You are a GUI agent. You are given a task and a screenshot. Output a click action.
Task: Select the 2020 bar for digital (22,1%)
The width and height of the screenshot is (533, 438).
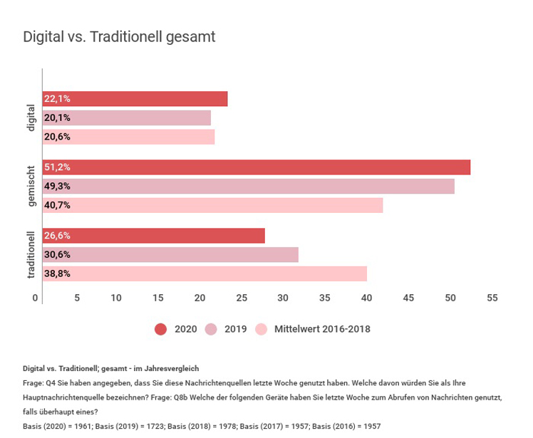pos(135,99)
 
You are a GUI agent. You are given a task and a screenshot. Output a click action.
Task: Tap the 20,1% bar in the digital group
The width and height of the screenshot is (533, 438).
pos(127,118)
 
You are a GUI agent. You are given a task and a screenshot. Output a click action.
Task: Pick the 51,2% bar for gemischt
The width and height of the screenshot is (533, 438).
pos(257,167)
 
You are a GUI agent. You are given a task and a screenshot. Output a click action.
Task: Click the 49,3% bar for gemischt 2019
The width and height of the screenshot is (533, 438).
pos(249,187)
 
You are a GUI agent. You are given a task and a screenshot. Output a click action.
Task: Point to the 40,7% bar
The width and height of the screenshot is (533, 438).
pos(213,205)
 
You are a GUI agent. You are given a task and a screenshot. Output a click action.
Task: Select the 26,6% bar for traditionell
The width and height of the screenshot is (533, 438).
pos(154,236)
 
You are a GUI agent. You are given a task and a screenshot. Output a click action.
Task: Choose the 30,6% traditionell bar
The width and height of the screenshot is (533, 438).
pos(170,255)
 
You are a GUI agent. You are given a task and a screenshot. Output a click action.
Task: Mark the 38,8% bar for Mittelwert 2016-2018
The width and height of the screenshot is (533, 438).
pos(205,273)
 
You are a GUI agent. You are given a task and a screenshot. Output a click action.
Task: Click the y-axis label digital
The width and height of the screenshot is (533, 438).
pos(30,118)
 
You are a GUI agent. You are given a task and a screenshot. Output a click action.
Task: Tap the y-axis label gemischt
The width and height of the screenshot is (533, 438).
pos(30,187)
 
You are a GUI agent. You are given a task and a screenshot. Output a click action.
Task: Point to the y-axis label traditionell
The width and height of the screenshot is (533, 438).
pos(30,254)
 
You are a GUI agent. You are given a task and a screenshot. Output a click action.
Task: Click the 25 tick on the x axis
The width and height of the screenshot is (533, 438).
pos(242,298)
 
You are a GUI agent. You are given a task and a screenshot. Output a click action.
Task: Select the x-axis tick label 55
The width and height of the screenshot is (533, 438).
pos(492,298)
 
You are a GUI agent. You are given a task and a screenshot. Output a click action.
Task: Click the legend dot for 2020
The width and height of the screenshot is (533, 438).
pos(160,329)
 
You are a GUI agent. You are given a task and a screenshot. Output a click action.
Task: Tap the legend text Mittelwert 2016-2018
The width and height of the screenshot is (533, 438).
pos(322,329)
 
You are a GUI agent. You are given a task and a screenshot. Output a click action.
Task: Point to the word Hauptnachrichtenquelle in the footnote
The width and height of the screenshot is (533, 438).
pos(71,398)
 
